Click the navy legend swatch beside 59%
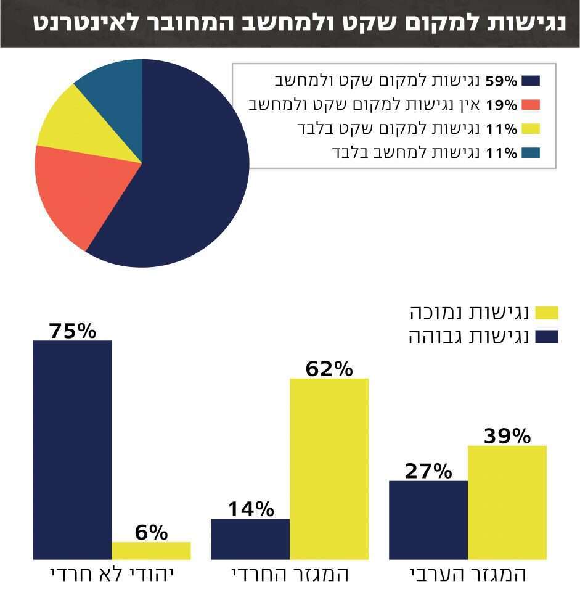pos(530,81)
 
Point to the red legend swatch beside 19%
pos(530,105)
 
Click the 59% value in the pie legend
pos(502,81)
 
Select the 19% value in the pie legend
pos(502,105)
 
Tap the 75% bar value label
pos(73,331)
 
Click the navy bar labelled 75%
pos(73,450)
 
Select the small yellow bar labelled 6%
pos(151,551)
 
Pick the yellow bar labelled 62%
pos(329,469)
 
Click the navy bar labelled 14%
pos(250,539)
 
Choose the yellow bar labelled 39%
pos(507,503)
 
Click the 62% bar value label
pos(329,369)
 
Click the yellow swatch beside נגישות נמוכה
pos(547,313)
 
